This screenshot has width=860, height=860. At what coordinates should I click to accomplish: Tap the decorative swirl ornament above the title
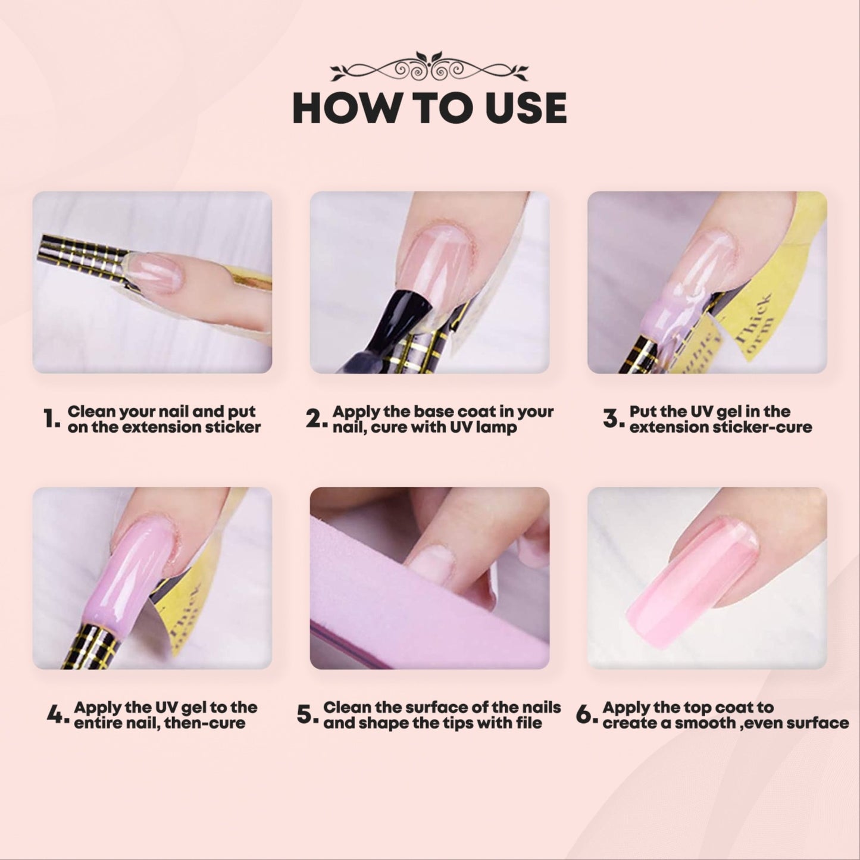429,67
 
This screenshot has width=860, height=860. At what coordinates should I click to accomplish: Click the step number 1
51,418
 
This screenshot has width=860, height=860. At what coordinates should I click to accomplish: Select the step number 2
317,418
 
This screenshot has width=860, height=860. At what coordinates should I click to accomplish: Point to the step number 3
613,418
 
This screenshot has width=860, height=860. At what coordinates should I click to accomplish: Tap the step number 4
58,715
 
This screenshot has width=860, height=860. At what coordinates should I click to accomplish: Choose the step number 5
308,715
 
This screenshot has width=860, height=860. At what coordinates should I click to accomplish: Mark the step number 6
587,715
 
